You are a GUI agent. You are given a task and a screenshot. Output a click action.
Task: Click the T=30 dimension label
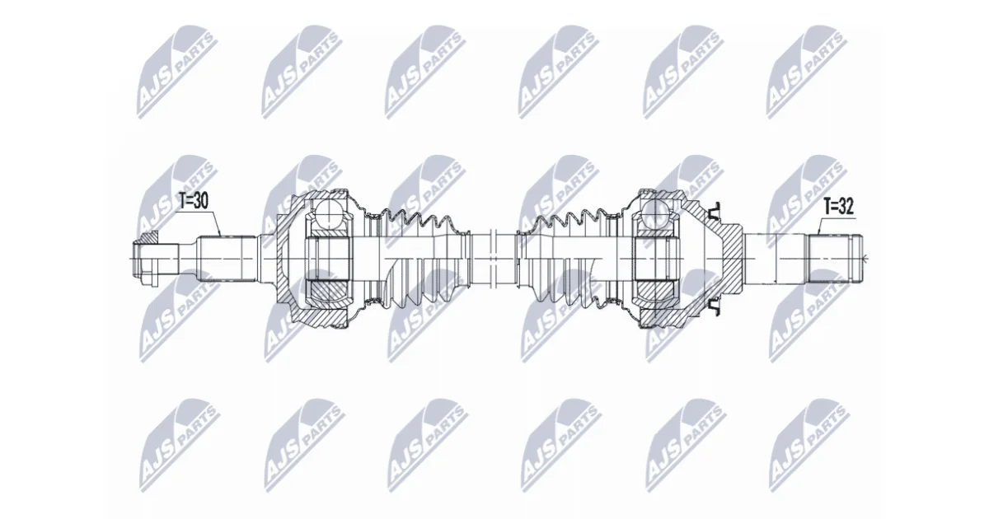[x=193, y=201]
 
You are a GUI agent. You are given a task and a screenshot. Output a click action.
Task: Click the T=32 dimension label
[x=838, y=207]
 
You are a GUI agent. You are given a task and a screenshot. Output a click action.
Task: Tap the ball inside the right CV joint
[x=656, y=213]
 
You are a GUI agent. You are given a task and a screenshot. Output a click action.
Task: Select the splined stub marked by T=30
[x=227, y=259]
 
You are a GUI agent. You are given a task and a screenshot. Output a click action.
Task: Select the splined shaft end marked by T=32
[x=834, y=258]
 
